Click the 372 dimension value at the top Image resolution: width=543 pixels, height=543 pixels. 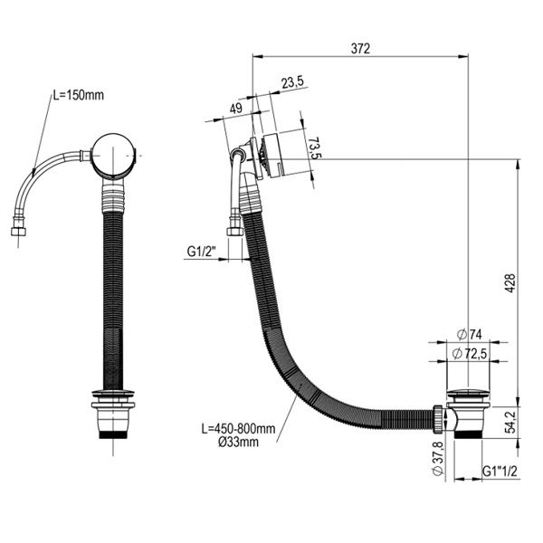click(360, 49)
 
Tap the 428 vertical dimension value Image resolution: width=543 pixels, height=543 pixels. click(510, 283)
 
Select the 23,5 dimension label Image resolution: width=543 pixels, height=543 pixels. click(292, 82)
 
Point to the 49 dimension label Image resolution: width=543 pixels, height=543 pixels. click(236, 109)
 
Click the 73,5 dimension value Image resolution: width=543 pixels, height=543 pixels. click(314, 148)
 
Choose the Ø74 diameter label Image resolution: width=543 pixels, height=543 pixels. click(469, 335)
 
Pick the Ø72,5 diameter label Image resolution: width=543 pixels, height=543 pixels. click(470, 354)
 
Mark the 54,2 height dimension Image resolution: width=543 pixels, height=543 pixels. click(510, 422)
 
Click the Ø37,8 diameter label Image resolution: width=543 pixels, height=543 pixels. click(438, 459)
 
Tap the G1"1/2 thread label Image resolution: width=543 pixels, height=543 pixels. click(500, 471)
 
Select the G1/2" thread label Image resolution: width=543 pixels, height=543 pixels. click(202, 252)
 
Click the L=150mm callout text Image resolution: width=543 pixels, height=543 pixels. click(78, 95)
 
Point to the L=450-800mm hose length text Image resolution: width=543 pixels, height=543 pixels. click(238, 429)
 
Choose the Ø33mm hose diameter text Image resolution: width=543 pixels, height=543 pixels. click(238, 443)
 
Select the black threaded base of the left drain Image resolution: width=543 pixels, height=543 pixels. click(113, 433)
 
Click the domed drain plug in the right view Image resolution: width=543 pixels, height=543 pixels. click(468, 395)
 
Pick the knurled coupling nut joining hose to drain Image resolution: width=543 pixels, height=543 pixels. click(438, 419)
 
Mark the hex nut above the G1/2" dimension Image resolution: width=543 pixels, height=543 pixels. click(234, 232)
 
